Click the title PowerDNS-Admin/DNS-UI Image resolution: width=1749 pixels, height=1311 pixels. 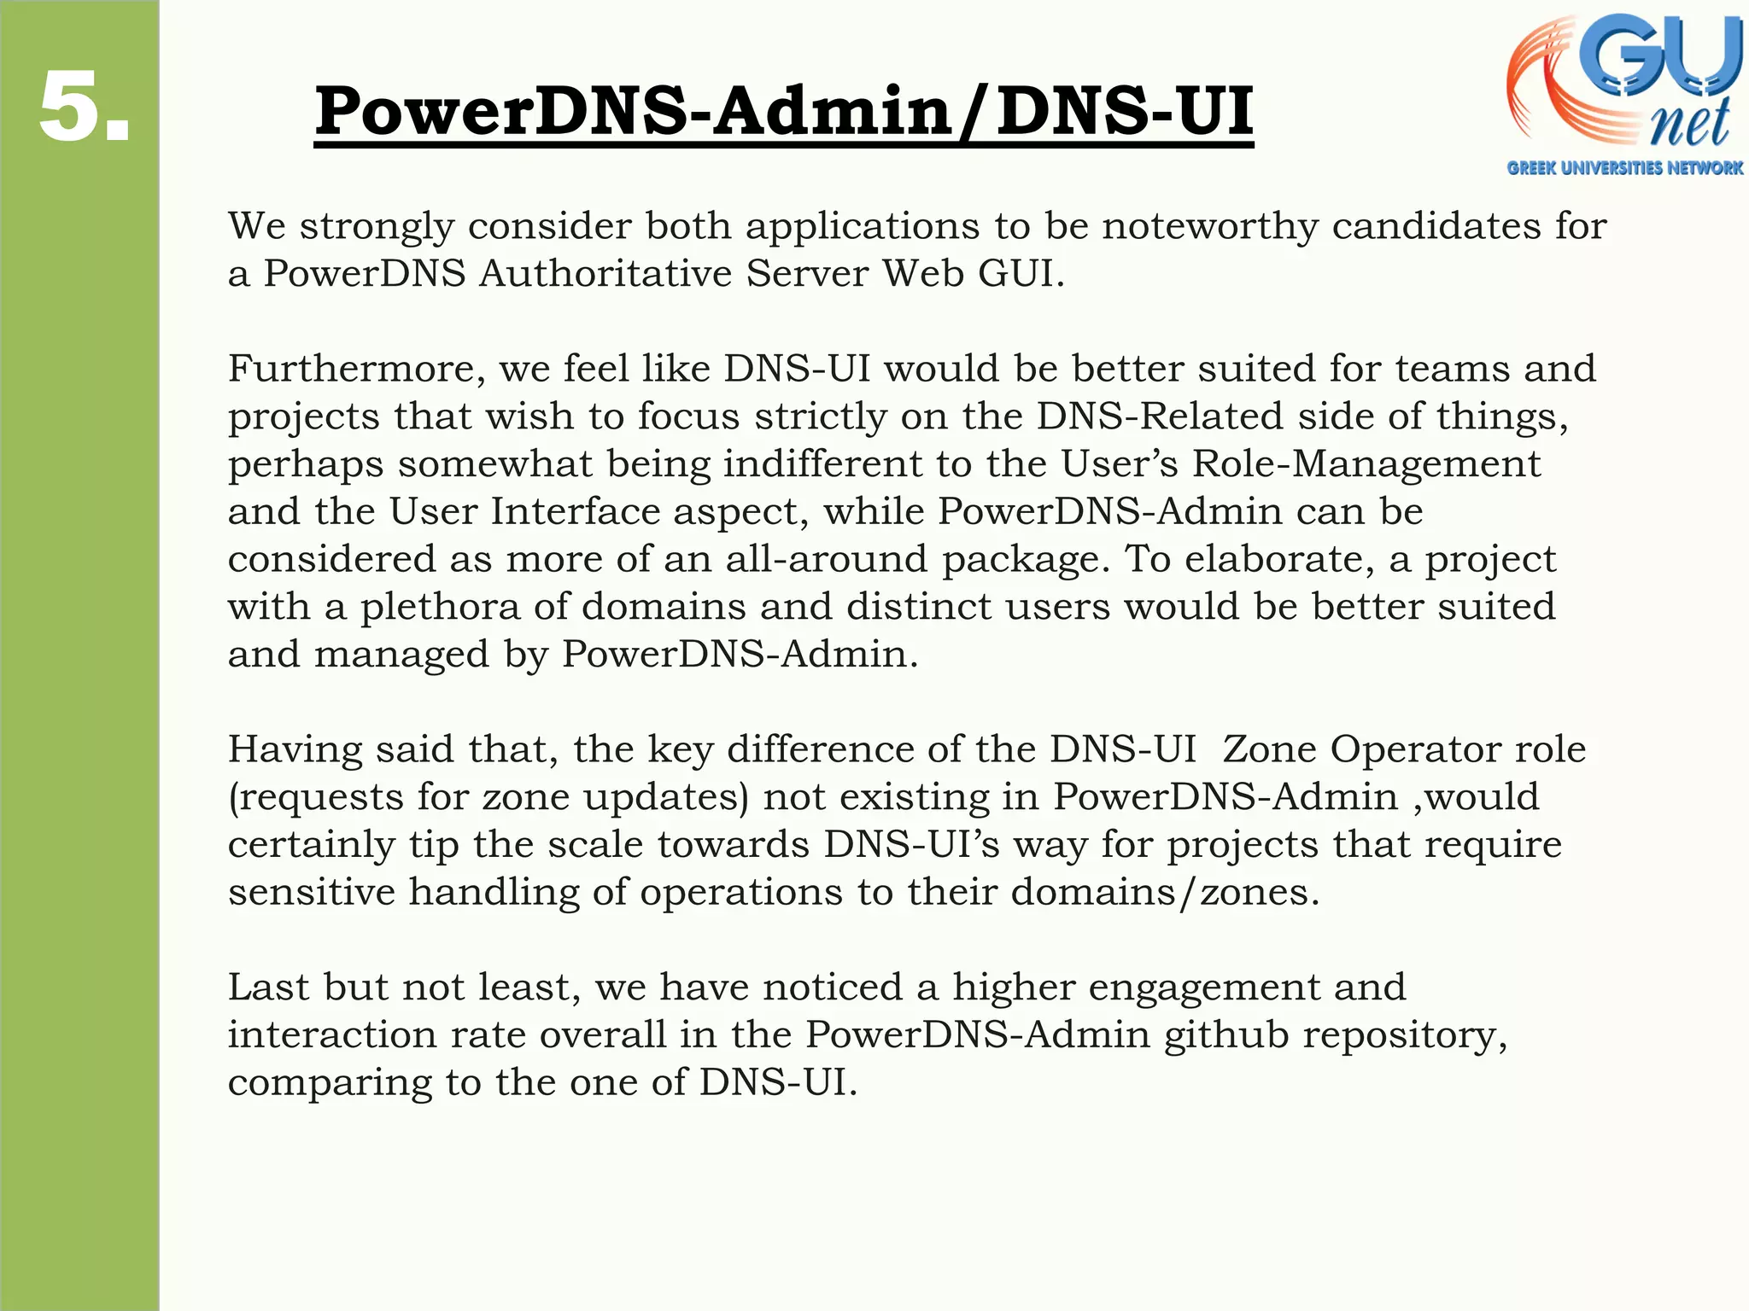coord(783,111)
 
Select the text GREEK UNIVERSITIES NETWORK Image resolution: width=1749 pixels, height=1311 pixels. coord(1624,168)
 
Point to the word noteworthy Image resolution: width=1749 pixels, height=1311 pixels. coord(1209,226)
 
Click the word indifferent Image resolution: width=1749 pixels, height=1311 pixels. coord(823,464)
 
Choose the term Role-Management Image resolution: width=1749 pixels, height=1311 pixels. coord(1366,464)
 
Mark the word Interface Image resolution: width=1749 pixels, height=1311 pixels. coord(575,512)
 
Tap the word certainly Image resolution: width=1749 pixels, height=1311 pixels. coord(312,845)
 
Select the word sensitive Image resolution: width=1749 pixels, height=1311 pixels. coord(312,892)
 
